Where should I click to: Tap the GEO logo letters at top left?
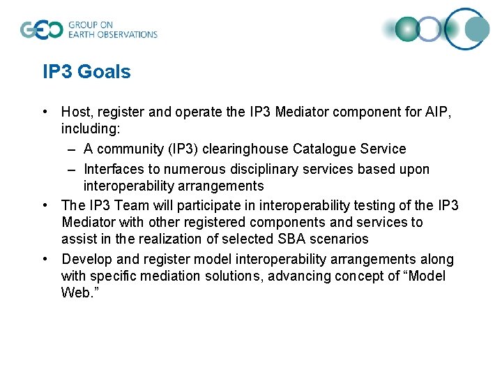click(x=41, y=29)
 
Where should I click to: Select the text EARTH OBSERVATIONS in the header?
click(x=112, y=34)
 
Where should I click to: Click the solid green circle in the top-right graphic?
click(x=406, y=29)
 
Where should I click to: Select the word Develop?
click(x=86, y=259)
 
